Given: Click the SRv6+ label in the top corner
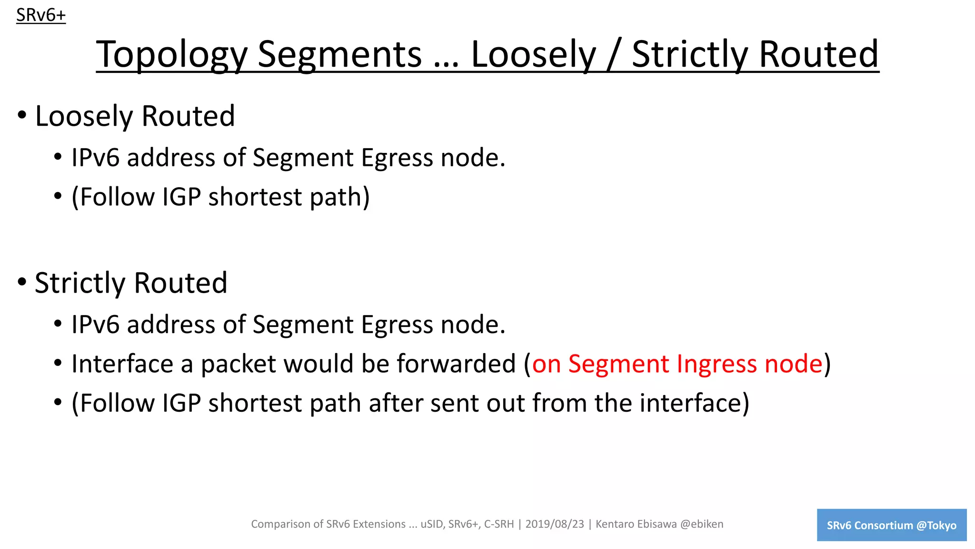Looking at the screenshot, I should (41, 15).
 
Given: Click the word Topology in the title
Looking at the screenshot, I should (171, 54).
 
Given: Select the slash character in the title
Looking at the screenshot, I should (613, 54).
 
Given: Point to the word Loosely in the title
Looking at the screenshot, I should (533, 54).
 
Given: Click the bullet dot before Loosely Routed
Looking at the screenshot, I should (22, 115).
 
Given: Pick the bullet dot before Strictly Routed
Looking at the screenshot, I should (22, 282).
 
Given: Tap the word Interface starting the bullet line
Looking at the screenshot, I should (122, 364).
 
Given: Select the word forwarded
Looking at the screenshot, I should (456, 364).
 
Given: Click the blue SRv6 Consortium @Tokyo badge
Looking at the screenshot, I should (891, 525).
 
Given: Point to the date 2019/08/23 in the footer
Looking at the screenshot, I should (555, 524).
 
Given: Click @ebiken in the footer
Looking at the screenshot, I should (702, 524).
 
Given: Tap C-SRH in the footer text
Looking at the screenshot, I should (499, 524).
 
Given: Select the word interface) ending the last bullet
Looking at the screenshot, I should (694, 403).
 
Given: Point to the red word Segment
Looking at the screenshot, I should (619, 364).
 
